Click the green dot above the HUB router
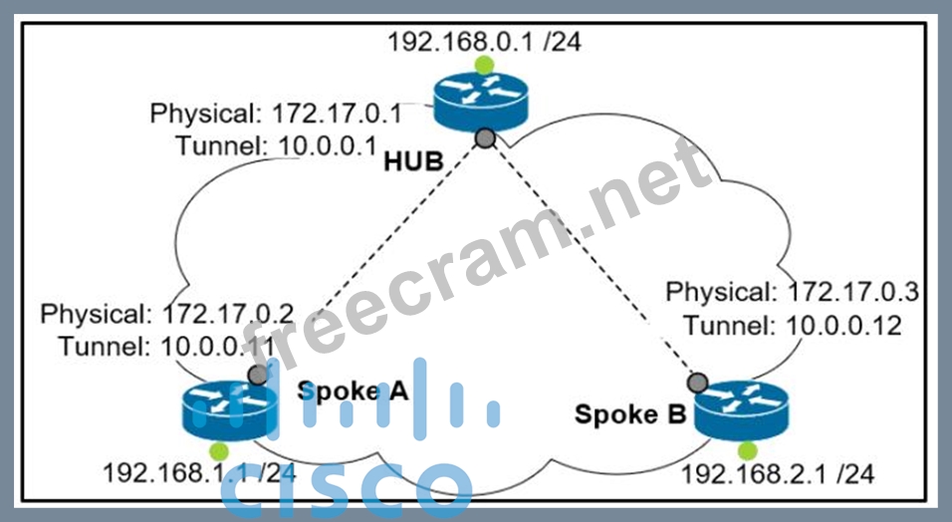point(484,66)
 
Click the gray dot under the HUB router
point(485,138)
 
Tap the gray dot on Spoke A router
point(257,376)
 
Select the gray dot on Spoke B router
point(698,383)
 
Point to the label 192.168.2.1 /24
point(777,474)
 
